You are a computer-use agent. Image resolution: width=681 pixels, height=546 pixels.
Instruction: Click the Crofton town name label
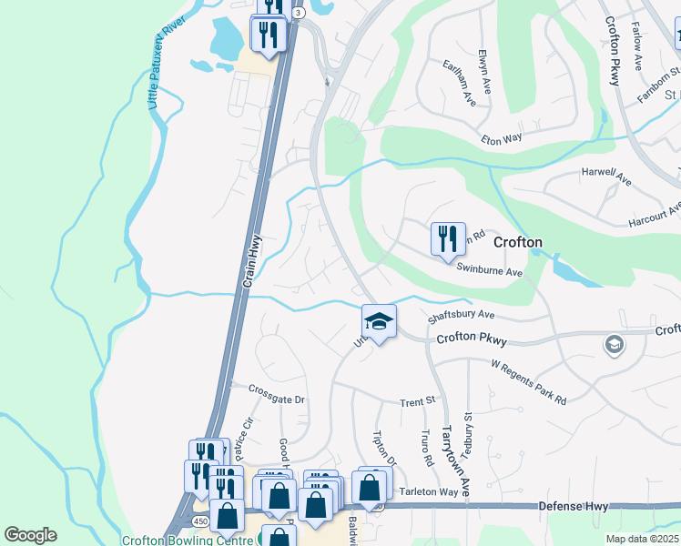(x=518, y=242)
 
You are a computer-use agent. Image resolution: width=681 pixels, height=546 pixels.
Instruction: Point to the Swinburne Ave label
(x=489, y=272)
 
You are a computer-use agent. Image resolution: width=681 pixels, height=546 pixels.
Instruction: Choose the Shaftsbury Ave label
(x=460, y=315)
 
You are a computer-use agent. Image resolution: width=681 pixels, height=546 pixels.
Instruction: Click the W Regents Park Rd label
(x=528, y=371)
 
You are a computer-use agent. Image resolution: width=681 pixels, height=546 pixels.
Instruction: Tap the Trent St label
(x=419, y=401)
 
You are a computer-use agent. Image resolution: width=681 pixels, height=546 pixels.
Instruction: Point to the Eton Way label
(x=502, y=137)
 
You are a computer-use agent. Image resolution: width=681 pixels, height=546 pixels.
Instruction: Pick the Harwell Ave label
(x=605, y=176)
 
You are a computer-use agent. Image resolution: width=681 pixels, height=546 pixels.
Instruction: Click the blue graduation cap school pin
(x=379, y=320)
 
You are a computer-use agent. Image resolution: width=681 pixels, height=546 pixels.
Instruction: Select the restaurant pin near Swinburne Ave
(x=448, y=239)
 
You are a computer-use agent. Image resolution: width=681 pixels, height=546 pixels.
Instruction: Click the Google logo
(x=30, y=535)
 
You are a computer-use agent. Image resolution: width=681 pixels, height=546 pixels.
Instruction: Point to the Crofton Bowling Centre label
(x=188, y=540)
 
